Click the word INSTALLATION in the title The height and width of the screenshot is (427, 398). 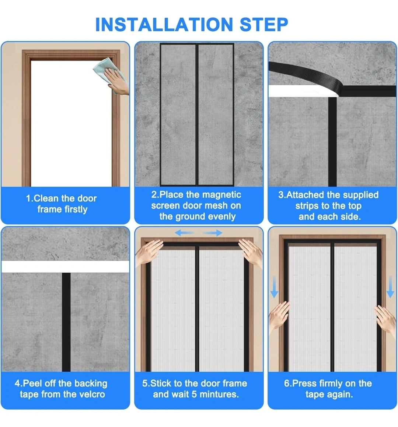(x=164, y=25)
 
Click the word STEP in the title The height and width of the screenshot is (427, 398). (x=264, y=25)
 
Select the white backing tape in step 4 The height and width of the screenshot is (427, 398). (x=65, y=267)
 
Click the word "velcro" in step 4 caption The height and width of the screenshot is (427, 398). (x=91, y=394)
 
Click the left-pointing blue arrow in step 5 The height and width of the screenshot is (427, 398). (x=184, y=233)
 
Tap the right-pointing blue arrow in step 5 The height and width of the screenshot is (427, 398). (x=213, y=233)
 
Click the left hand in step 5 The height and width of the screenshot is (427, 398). (x=149, y=252)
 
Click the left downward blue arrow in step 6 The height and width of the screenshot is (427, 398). (x=274, y=287)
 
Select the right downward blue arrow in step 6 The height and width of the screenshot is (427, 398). (x=390, y=287)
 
